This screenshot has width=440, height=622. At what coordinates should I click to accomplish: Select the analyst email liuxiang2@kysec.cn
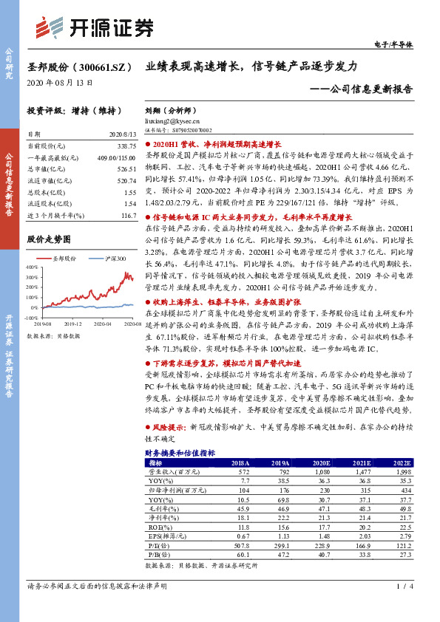[172, 120]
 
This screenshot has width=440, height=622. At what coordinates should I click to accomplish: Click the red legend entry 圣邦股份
[64, 259]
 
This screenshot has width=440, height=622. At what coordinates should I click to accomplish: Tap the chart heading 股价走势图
[49, 239]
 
